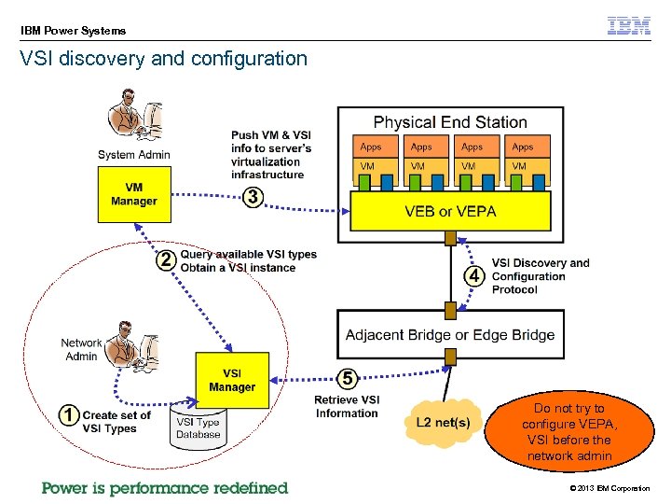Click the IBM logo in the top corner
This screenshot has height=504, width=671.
(629, 26)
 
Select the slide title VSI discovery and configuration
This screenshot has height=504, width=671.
(164, 59)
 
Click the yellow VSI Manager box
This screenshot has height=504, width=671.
(231, 380)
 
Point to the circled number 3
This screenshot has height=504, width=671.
(252, 197)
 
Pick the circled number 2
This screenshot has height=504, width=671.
(165, 260)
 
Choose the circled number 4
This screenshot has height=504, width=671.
(474, 275)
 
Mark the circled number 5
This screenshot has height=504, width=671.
(347, 379)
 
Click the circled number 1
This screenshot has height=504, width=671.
(68, 415)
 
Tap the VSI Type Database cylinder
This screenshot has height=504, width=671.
(198, 427)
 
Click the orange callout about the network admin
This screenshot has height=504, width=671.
(568, 432)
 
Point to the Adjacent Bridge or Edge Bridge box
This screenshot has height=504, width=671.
(450, 334)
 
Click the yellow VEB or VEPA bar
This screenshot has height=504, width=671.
(450, 211)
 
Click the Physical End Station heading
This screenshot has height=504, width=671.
(450, 122)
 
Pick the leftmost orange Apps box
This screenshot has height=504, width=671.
(371, 147)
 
